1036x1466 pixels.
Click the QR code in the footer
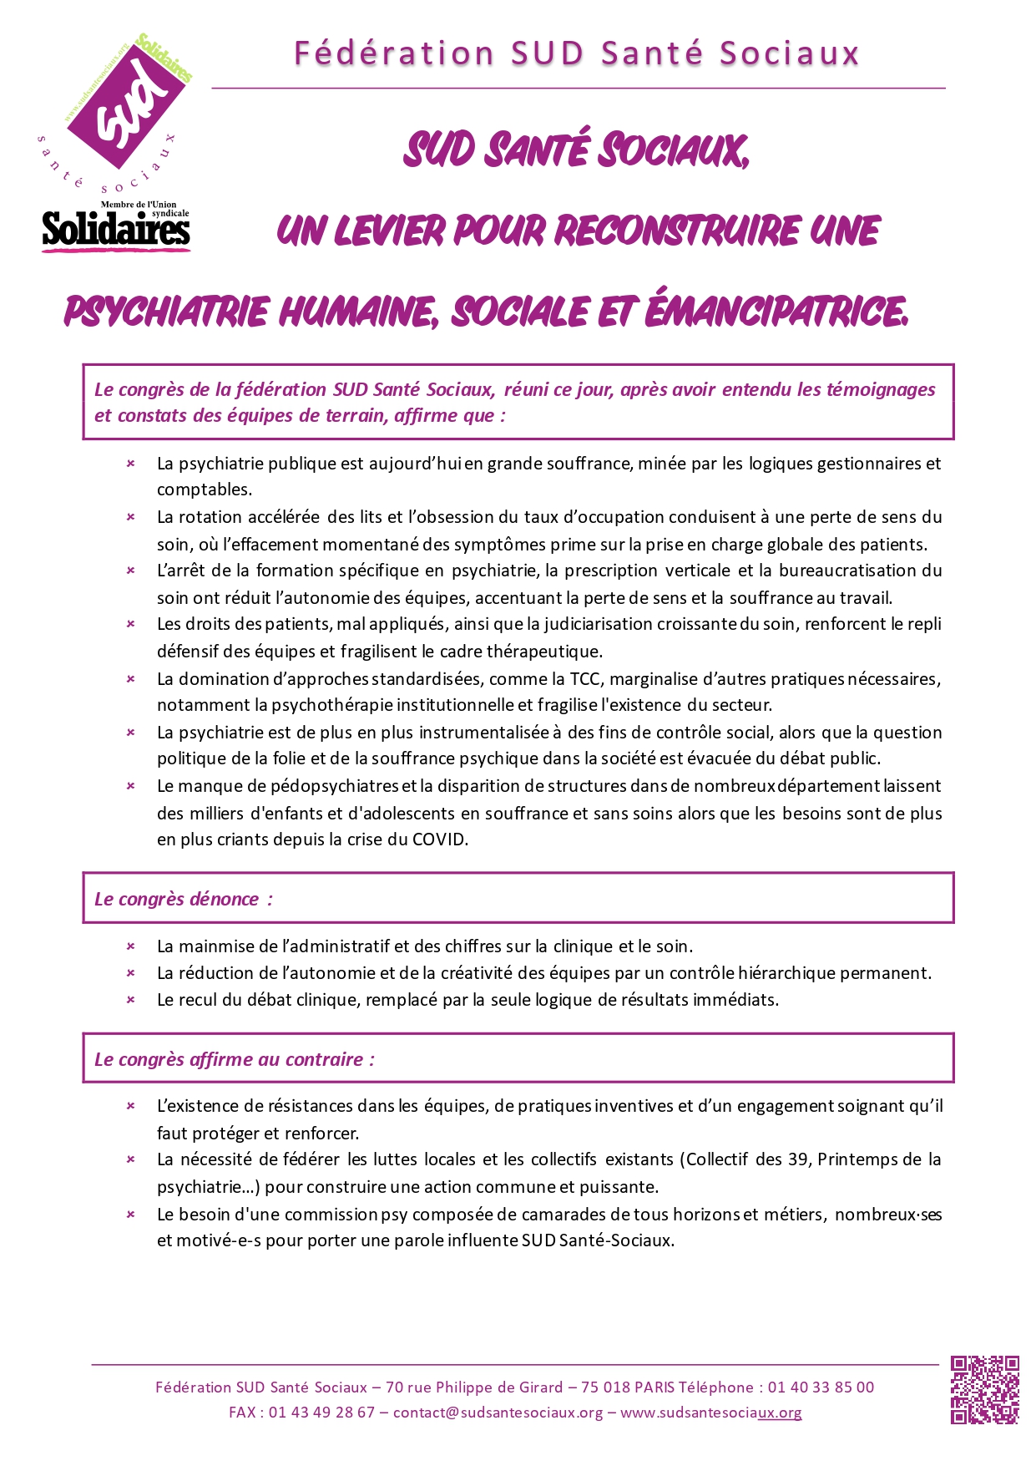[x=984, y=1389]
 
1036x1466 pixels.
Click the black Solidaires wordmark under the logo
[x=116, y=230]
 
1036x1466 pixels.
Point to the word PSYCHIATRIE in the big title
[x=166, y=312]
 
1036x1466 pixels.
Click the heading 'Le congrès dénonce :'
[x=184, y=899]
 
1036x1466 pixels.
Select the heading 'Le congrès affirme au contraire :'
[x=235, y=1059]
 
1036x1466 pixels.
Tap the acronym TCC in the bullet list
[x=585, y=678]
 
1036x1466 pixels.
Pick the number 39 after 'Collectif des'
[x=797, y=1159]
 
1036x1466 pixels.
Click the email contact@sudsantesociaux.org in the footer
[x=498, y=1413]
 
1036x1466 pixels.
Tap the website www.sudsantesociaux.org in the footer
[x=710, y=1413]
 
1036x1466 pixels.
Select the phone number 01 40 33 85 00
[x=821, y=1387]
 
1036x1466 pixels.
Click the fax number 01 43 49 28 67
[x=321, y=1413]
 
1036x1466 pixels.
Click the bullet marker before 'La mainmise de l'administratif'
[x=131, y=946]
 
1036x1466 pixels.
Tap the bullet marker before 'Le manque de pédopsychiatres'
[x=131, y=786]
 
